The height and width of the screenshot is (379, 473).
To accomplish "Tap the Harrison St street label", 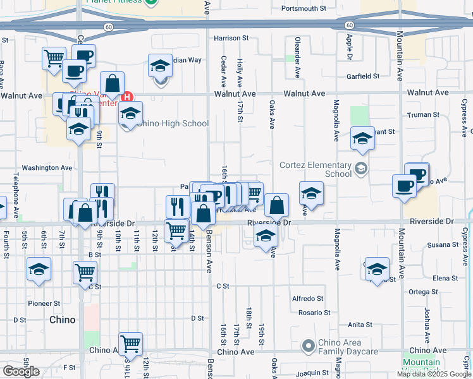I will (x=232, y=39).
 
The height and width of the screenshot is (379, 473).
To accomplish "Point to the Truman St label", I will (x=424, y=115).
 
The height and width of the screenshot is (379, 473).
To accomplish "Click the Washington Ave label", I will (x=47, y=168).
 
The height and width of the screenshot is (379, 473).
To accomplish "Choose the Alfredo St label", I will (x=307, y=299).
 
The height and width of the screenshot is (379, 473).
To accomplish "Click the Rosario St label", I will (x=314, y=313).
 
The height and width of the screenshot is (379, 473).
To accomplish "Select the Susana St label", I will (x=442, y=245).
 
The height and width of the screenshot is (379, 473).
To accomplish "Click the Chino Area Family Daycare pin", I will (x=308, y=346).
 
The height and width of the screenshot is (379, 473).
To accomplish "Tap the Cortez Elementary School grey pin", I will (x=360, y=168).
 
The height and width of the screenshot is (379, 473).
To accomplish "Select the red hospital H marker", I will (x=126, y=97).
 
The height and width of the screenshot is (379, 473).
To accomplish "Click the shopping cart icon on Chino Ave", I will (x=130, y=344).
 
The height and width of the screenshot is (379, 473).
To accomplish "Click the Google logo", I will (x=21, y=371).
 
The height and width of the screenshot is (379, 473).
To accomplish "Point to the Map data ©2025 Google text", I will (x=433, y=374).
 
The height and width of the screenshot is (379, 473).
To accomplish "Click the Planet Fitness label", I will (x=114, y=2).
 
